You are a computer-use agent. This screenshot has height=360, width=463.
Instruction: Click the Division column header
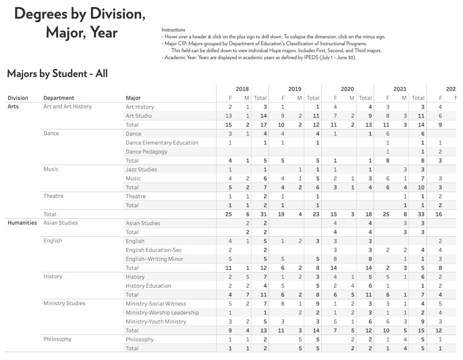18,98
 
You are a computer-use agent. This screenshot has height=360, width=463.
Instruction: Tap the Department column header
58,98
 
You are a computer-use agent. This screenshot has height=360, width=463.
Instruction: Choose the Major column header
133,98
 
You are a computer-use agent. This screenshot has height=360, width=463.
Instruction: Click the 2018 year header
242,89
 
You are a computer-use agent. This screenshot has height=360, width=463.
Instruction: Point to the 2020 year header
347,89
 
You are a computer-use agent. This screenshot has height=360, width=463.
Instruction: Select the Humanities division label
22,223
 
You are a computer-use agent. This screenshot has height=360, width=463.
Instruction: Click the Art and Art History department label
68,106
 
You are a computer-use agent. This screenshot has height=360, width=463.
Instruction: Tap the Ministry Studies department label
64,303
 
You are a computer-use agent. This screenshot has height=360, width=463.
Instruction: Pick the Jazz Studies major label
141,170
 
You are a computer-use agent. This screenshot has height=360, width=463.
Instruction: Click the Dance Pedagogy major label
146,152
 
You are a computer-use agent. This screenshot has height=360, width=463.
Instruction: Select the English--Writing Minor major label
154,259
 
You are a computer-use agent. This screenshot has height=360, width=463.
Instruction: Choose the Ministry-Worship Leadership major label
162,313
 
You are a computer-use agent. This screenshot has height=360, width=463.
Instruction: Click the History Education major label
148,285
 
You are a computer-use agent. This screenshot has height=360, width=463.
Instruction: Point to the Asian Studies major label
143,223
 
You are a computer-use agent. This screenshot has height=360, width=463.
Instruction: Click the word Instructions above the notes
174,30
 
